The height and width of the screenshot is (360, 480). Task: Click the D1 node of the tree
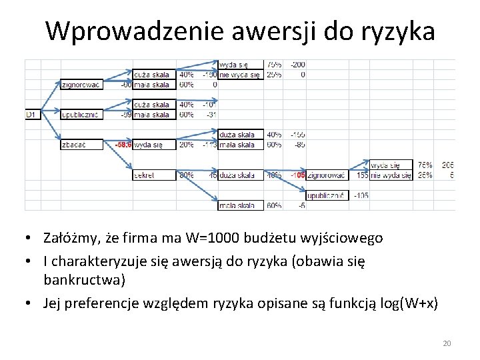31,115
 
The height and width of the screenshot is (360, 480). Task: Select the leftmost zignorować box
81,85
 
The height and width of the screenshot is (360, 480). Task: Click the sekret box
144,175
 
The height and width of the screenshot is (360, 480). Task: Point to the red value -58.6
123,145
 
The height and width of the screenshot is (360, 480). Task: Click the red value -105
297,175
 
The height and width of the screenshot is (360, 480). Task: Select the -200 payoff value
298,65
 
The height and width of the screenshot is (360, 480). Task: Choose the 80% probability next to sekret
186,175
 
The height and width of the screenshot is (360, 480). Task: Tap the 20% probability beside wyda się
186,145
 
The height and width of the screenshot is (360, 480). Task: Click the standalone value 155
361,175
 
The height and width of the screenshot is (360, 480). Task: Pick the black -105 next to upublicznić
361,195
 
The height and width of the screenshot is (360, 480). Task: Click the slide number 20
447,343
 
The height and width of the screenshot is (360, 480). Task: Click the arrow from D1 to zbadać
51,128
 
